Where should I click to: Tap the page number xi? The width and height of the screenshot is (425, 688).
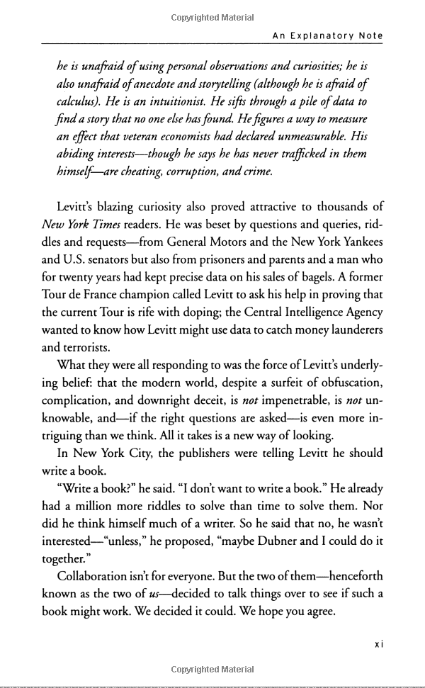[378, 645]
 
